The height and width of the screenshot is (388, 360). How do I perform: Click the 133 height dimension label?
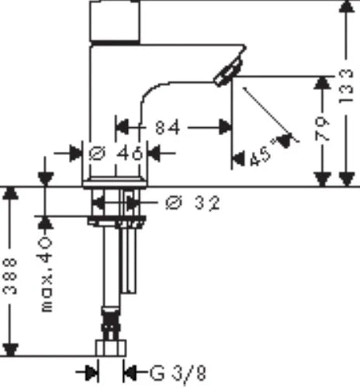coord(346,86)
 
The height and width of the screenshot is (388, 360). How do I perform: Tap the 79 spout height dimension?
coord(322,129)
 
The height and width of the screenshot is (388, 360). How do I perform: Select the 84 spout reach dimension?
coord(168,127)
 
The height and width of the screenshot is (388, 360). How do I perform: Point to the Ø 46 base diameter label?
coord(116,153)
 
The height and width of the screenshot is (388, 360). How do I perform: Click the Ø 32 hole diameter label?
coord(192,203)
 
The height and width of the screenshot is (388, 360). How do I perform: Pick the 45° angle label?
coord(261,156)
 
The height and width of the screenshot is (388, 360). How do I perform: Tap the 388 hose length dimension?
coord(10,276)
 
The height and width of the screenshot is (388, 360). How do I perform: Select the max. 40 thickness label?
coord(47,274)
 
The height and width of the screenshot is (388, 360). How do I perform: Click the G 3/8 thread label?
coord(178,373)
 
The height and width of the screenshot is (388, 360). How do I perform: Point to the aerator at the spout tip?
coord(228,72)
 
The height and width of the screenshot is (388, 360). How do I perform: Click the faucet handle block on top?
coord(115,21)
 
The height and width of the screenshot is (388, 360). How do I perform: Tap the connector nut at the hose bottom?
coord(111,348)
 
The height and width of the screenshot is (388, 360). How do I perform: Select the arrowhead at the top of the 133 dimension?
coord(346,6)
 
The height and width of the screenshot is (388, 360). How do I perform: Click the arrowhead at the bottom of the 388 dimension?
coord(10,350)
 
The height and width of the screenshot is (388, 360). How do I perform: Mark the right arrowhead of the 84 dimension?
coord(224,127)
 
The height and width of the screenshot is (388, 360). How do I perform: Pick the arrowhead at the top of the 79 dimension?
coord(322,83)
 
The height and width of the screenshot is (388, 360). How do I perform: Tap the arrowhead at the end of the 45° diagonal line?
coord(285,140)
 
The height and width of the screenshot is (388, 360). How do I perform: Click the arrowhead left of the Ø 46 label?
coord(76,153)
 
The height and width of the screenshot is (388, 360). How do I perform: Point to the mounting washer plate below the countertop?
coord(116,221)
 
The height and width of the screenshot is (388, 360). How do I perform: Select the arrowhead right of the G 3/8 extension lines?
coord(130,372)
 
